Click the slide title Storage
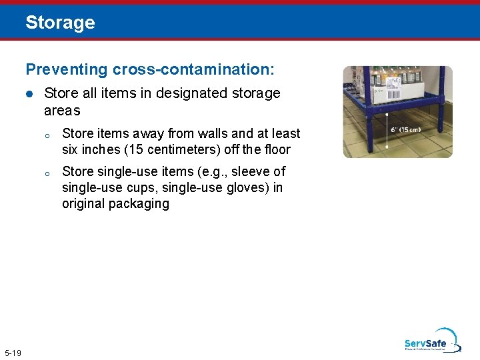(x=60, y=23)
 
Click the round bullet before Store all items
(x=29, y=94)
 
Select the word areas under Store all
(x=62, y=111)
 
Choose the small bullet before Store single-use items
(x=47, y=173)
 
